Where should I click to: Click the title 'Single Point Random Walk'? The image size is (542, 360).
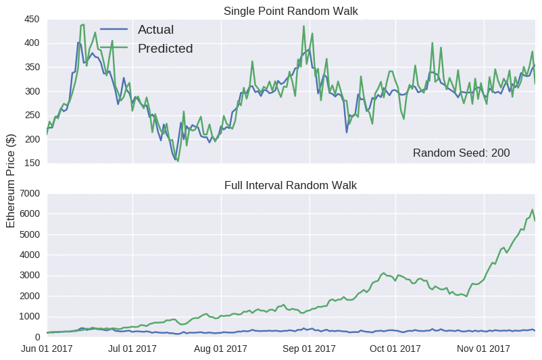tap(291, 11)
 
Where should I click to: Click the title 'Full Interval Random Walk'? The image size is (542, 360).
tap(291, 185)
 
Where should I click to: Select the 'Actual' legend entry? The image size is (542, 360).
tap(155, 30)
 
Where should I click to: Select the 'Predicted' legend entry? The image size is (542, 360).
tap(165, 49)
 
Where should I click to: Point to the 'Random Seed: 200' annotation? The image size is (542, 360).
tap(461, 153)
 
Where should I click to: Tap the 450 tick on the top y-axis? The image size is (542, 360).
tap(31, 19)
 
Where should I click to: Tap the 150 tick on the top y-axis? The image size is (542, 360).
tap(31, 163)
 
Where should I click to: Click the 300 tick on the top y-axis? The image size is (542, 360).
tap(31, 91)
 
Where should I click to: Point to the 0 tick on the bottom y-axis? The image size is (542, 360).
tap(36, 337)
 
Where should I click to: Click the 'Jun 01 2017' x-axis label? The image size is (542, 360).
tap(47, 349)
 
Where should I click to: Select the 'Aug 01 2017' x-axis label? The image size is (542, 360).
tap(220, 349)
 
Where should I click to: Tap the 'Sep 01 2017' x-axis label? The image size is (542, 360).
tap(309, 349)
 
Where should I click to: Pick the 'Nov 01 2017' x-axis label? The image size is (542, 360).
tap(484, 349)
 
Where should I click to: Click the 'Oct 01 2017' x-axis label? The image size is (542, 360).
tap(396, 349)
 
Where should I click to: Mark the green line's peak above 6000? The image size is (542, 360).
tap(532, 209)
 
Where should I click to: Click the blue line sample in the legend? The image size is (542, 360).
tap(114, 30)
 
